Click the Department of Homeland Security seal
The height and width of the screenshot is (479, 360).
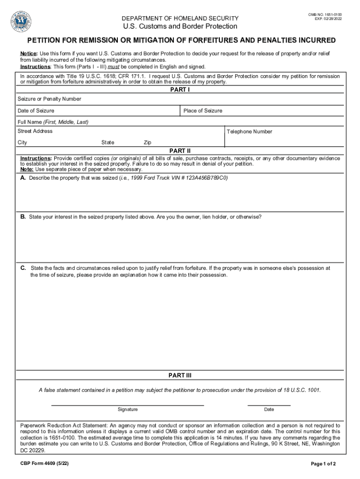click(21, 21)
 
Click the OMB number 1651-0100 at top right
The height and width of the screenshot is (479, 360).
click(328, 15)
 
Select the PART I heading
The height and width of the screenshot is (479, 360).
click(180, 90)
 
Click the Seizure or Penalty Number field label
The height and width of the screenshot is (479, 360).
click(49, 99)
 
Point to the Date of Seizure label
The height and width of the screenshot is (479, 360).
click(36, 111)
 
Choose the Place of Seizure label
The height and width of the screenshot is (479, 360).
click(203, 111)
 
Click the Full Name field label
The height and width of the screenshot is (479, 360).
click(53, 122)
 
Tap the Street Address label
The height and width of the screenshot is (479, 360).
click(35, 131)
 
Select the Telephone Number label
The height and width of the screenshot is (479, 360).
click(249, 132)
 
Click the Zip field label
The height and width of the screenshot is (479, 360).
click(147, 142)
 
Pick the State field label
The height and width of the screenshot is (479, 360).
click(108, 142)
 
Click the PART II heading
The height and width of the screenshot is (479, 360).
click(180, 151)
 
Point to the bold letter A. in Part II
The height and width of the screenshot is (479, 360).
click(23, 178)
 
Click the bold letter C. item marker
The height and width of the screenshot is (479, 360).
click(23, 268)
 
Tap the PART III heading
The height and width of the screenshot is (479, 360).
click(180, 376)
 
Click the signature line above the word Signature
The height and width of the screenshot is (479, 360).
click(127, 405)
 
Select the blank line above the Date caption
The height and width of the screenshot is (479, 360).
click(269, 405)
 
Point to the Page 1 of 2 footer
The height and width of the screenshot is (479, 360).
click(323, 464)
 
